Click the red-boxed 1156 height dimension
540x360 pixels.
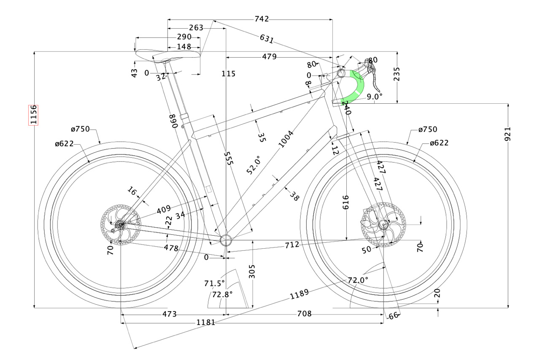tap(34, 115)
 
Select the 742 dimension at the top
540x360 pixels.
tap(262, 19)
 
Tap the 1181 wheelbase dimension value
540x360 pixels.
tap(206, 322)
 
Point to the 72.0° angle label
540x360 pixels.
tap(358, 280)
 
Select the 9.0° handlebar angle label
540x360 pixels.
tap(374, 97)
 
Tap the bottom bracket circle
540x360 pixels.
tap(226, 240)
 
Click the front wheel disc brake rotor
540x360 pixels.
tap(383, 225)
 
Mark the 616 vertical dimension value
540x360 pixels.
tap(346, 203)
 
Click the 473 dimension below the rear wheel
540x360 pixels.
tap(169, 314)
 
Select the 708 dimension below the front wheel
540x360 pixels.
tap(304, 314)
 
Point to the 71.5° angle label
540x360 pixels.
tap(214, 283)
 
